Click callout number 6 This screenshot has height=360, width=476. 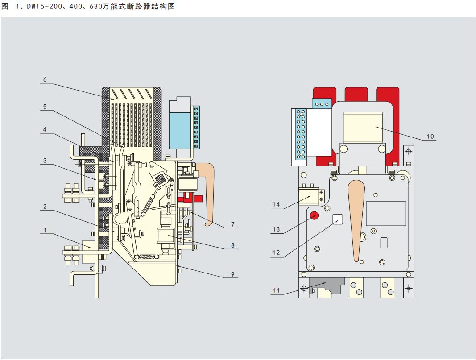[45, 79]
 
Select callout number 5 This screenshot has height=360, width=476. [45, 107]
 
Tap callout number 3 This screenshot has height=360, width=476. [45, 161]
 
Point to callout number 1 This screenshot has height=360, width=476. [45, 230]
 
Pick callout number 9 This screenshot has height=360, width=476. [233, 274]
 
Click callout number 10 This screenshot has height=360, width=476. [430, 137]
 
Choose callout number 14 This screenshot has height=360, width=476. [276, 204]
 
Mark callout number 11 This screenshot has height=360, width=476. [276, 290]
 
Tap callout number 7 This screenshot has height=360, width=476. [233, 224]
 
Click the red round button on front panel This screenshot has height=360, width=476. [314, 215]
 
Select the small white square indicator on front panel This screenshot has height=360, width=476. [338, 219]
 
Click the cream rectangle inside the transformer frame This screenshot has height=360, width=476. [362, 127]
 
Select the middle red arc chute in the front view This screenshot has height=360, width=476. [356, 95]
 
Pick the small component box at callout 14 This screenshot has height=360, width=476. [309, 196]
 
